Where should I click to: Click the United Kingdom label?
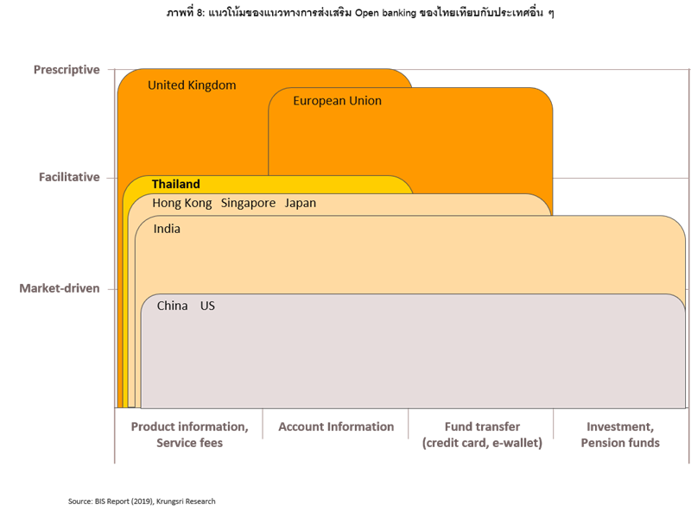pos(192,85)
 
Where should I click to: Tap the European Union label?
pos(337,101)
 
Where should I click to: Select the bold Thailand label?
pos(175,184)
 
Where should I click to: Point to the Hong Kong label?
pos(181,204)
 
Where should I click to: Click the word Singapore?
pos(248,204)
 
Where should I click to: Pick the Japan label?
pos(301,204)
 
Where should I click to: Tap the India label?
pos(167,230)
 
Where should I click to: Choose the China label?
pos(172,306)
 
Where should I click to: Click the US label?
pos(207,306)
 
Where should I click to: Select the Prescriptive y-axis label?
pos(67,69)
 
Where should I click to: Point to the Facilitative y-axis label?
pos(69,177)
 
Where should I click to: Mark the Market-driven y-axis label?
pos(60,288)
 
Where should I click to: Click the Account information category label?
pos(336,426)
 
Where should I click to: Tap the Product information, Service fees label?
pos(190,434)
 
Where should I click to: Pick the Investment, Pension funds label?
pos(620,434)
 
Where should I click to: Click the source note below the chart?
pos(142,500)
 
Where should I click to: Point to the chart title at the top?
pos(367,13)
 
